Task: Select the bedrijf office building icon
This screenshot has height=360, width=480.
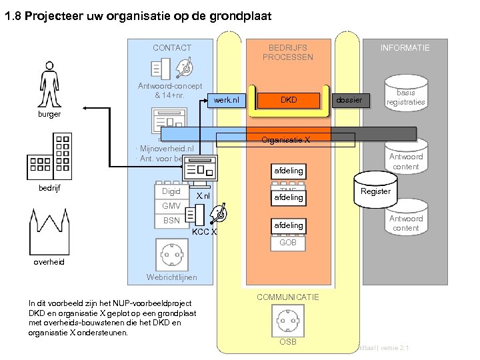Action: [x=49, y=157]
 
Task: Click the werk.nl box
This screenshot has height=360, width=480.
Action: [x=226, y=100]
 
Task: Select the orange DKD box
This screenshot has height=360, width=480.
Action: [x=289, y=100]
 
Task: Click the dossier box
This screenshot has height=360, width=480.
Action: [x=349, y=100]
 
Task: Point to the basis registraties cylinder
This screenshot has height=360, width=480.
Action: [x=405, y=97]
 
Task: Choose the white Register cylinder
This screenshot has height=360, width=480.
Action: [x=375, y=191]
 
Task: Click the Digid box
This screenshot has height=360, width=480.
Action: [x=171, y=192]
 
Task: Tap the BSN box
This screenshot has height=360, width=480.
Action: [x=171, y=221]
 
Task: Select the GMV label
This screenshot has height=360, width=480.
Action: [x=171, y=206]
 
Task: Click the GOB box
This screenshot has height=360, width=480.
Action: [x=288, y=243]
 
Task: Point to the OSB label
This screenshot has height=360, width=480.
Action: [x=288, y=342]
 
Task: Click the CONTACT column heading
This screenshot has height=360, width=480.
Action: [x=171, y=48]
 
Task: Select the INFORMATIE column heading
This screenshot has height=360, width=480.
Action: [x=405, y=48]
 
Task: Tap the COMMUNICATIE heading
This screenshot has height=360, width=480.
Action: [x=288, y=297]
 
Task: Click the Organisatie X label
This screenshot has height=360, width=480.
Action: [x=286, y=140]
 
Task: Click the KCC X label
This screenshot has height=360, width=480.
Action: [x=204, y=232]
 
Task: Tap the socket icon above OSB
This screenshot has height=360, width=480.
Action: [x=288, y=321]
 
